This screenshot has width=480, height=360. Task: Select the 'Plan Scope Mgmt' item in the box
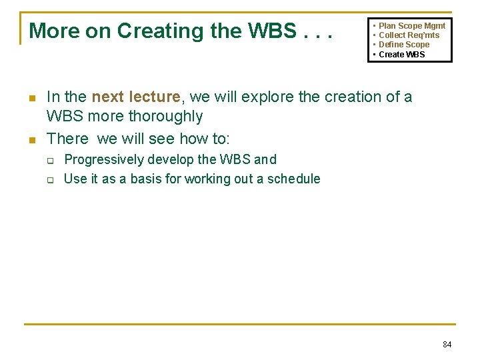click(412, 26)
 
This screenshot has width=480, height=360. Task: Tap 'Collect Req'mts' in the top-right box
click(409, 35)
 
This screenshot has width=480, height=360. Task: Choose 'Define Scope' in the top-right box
click(404, 45)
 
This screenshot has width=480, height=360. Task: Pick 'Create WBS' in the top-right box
click(401, 55)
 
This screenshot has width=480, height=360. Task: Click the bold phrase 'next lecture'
click(136, 97)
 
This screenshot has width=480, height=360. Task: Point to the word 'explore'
click(268, 97)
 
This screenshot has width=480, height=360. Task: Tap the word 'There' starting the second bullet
click(67, 139)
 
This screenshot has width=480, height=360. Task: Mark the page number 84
click(447, 345)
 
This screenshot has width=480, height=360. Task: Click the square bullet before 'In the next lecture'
click(31, 98)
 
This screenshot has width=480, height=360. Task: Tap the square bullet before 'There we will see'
click(31, 140)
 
